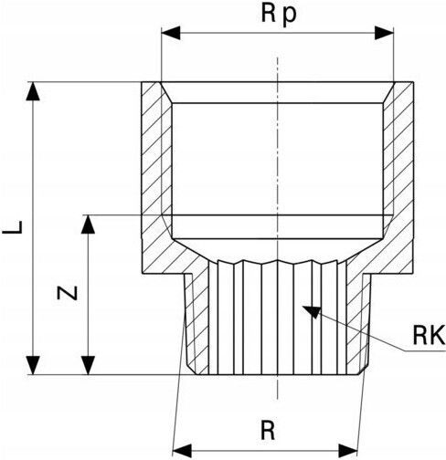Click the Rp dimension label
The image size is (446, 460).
pos(279,15)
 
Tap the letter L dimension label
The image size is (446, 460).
pos(13,227)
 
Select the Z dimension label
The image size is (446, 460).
pos(68,294)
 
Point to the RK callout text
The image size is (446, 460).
pos(429,335)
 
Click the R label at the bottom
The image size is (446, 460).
pos(268,430)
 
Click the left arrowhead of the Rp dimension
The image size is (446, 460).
pos(171,33)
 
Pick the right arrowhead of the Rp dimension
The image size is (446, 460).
pos(384,33)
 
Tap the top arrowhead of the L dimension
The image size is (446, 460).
pos(33,91)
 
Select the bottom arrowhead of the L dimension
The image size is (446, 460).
pos(33,365)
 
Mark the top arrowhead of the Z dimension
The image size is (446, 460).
pos(88,225)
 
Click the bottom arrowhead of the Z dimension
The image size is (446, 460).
pos(88,365)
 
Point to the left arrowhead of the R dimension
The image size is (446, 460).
pos(182,451)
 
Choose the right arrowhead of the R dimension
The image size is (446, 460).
pos(348,451)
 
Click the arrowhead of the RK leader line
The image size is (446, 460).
pos(313,312)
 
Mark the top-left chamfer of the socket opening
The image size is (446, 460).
pos(166,92)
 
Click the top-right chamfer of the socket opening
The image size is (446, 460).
pos(388,92)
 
